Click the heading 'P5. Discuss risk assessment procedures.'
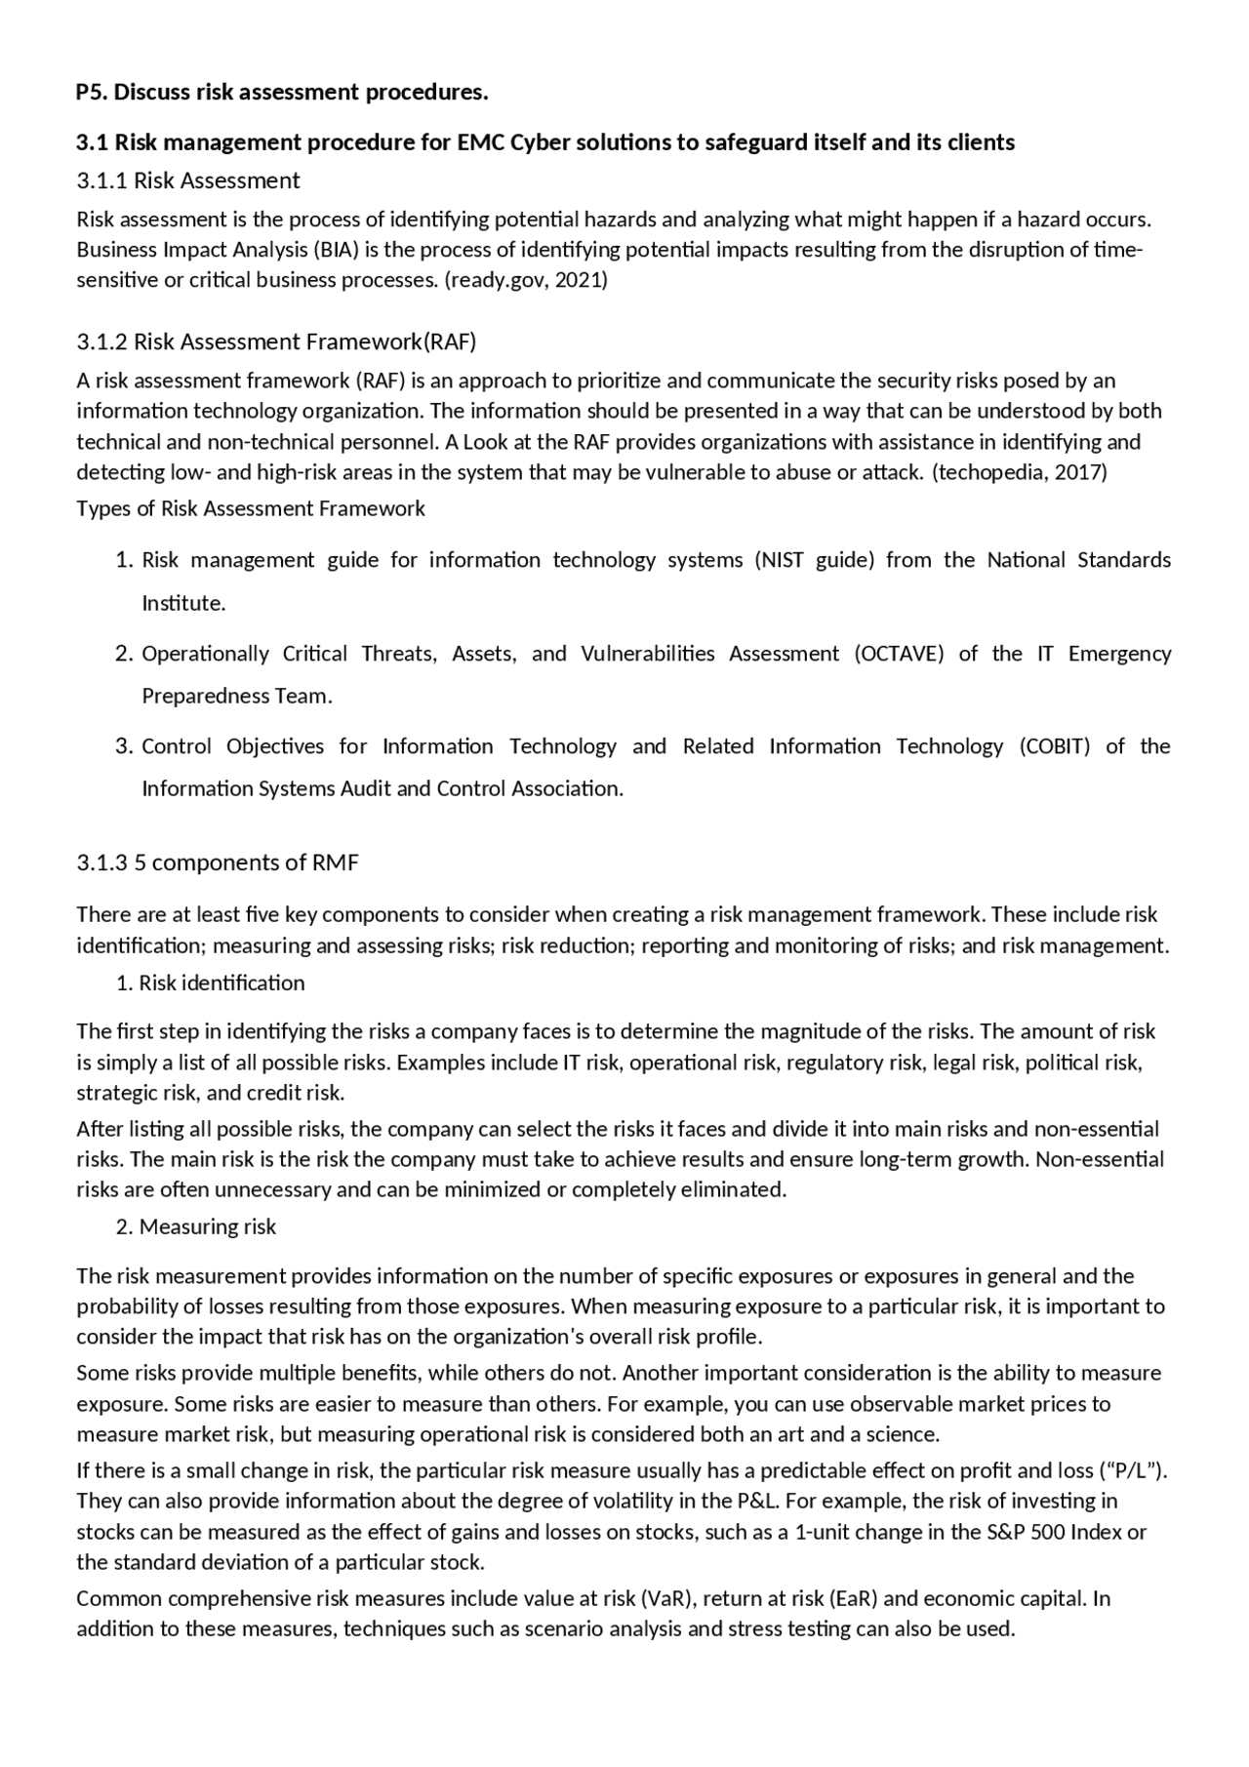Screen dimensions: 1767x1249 pyautogui.click(x=282, y=93)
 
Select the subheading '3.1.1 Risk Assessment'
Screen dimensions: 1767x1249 pyautogui.click(x=188, y=181)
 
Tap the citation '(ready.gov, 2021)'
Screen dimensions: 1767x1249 pyautogui.click(x=525, y=280)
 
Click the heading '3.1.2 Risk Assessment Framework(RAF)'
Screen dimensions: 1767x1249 pyautogui.click(x=276, y=341)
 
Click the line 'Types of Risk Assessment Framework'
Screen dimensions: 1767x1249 pyautogui.click(x=251, y=508)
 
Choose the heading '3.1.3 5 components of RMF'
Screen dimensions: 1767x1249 pyautogui.click(x=218, y=863)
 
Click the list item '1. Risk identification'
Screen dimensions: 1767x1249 pyautogui.click(x=211, y=983)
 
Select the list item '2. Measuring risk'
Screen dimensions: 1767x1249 pyautogui.click(x=196, y=1226)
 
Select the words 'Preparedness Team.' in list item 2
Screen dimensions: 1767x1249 pyautogui.click(x=237, y=696)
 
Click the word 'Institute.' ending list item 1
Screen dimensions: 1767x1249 pyautogui.click(x=183, y=603)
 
